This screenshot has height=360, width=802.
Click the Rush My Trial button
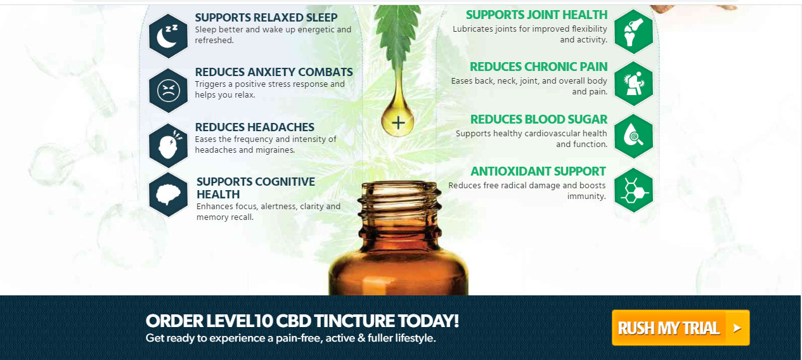[x=681, y=328]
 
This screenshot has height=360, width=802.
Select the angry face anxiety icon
[x=168, y=91]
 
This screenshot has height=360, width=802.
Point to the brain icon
[x=168, y=195]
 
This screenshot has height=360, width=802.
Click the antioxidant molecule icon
[x=634, y=190]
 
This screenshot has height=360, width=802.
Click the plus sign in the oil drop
[x=398, y=123]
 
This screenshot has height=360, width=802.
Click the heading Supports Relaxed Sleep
[x=266, y=18]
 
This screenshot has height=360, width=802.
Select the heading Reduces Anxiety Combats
[x=274, y=72]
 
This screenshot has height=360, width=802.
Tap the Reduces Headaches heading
[x=255, y=127]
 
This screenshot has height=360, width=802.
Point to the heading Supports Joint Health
[x=537, y=15]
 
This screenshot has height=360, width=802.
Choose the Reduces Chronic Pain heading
[x=539, y=67]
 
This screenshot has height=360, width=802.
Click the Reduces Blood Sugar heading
[x=539, y=120]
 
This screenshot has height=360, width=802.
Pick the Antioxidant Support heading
[x=538, y=171]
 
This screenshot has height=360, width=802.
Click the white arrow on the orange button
[x=737, y=328]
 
